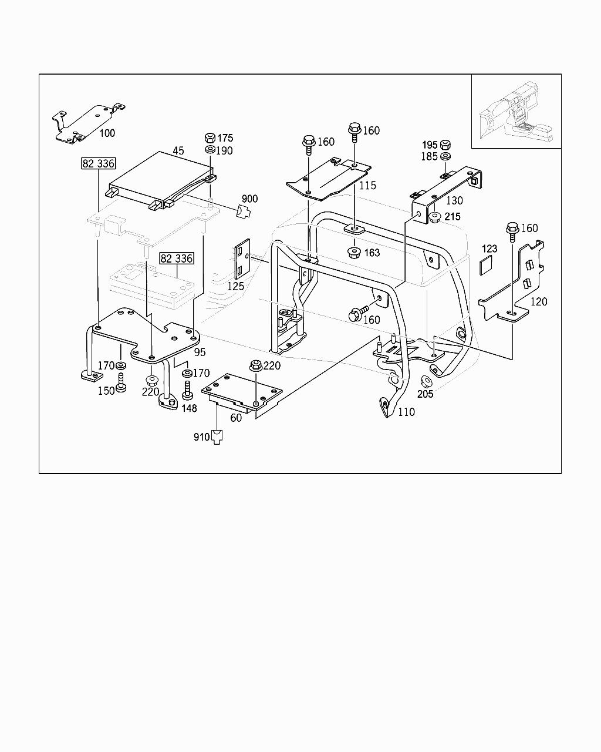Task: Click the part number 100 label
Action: (x=107, y=133)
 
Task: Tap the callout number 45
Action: (x=178, y=150)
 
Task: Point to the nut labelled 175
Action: (x=210, y=138)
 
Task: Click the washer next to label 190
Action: (x=210, y=150)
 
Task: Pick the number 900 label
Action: (x=249, y=199)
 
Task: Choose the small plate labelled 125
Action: (x=242, y=258)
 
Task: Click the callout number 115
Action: (x=368, y=186)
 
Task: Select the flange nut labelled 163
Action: (x=354, y=253)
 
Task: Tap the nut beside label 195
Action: (x=445, y=145)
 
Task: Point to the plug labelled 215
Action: (x=435, y=217)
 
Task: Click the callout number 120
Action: (x=538, y=302)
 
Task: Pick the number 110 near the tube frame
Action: (x=406, y=412)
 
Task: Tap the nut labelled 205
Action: (x=421, y=381)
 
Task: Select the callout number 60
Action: (x=236, y=418)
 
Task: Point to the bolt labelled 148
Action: (x=188, y=390)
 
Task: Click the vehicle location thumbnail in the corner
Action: (x=516, y=112)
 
